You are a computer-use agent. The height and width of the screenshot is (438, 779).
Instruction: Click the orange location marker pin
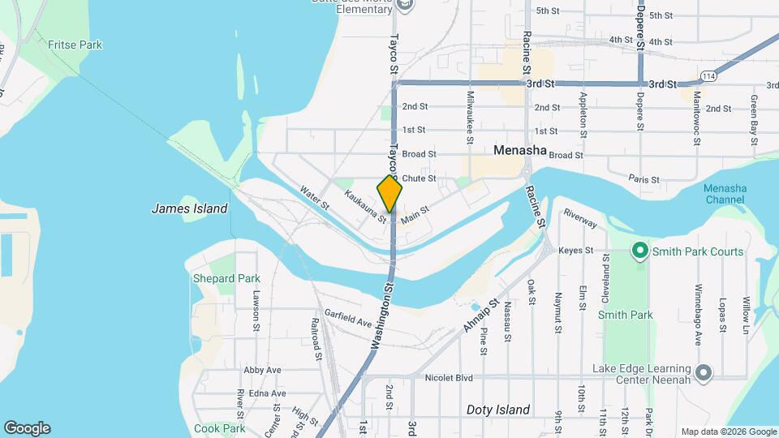389,192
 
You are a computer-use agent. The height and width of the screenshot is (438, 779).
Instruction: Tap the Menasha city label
520,149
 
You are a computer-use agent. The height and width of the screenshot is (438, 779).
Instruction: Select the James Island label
190,208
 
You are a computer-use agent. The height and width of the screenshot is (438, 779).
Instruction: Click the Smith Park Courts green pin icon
639,251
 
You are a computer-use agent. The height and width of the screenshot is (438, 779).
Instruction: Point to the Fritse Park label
75,45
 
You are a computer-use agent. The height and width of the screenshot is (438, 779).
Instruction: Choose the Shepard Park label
226,278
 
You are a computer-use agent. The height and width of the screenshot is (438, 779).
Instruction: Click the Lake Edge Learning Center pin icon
704,373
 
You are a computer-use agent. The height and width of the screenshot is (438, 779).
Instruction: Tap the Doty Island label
498,410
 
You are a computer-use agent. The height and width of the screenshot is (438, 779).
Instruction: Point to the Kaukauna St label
365,206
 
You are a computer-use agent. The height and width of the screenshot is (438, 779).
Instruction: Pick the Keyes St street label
576,251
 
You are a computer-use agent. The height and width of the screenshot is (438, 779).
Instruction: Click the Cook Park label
220,428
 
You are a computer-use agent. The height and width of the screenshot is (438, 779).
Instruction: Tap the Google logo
27,428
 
